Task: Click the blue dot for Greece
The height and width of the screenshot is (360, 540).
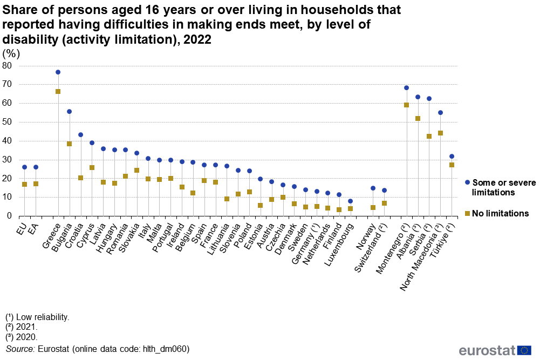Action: [58, 72]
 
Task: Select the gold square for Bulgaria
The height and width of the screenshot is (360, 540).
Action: [69, 144]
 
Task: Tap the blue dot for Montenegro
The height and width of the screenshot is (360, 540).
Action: [406, 88]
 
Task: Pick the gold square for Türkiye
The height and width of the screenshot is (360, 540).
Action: [452, 165]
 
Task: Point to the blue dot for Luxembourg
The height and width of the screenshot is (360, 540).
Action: [350, 201]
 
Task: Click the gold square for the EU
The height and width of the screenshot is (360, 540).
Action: [24, 184]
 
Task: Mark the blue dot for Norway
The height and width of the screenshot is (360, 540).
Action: [373, 188]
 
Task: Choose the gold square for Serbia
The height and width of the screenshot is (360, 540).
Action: [429, 136]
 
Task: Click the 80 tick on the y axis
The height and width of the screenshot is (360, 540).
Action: [7, 65]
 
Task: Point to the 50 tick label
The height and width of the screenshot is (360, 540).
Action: [7, 122]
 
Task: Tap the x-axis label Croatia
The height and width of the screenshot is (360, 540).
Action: [74, 235]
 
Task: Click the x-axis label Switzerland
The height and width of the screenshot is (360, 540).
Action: [371, 247]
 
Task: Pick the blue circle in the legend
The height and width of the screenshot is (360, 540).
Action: [467, 182]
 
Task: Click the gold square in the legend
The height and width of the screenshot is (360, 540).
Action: [467, 214]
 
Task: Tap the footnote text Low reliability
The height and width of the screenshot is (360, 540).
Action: [43, 317]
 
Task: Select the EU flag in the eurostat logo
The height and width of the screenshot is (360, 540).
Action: [524, 350]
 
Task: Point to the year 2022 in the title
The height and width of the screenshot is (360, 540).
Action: [197, 39]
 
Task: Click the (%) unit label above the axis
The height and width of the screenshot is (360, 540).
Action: [11, 54]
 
